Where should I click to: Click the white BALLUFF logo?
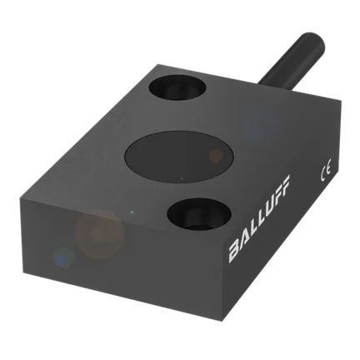(x=259, y=219)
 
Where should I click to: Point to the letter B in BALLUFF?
(x=233, y=254)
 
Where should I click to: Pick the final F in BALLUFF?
(x=285, y=183)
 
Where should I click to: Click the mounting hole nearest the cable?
(x=177, y=87)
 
